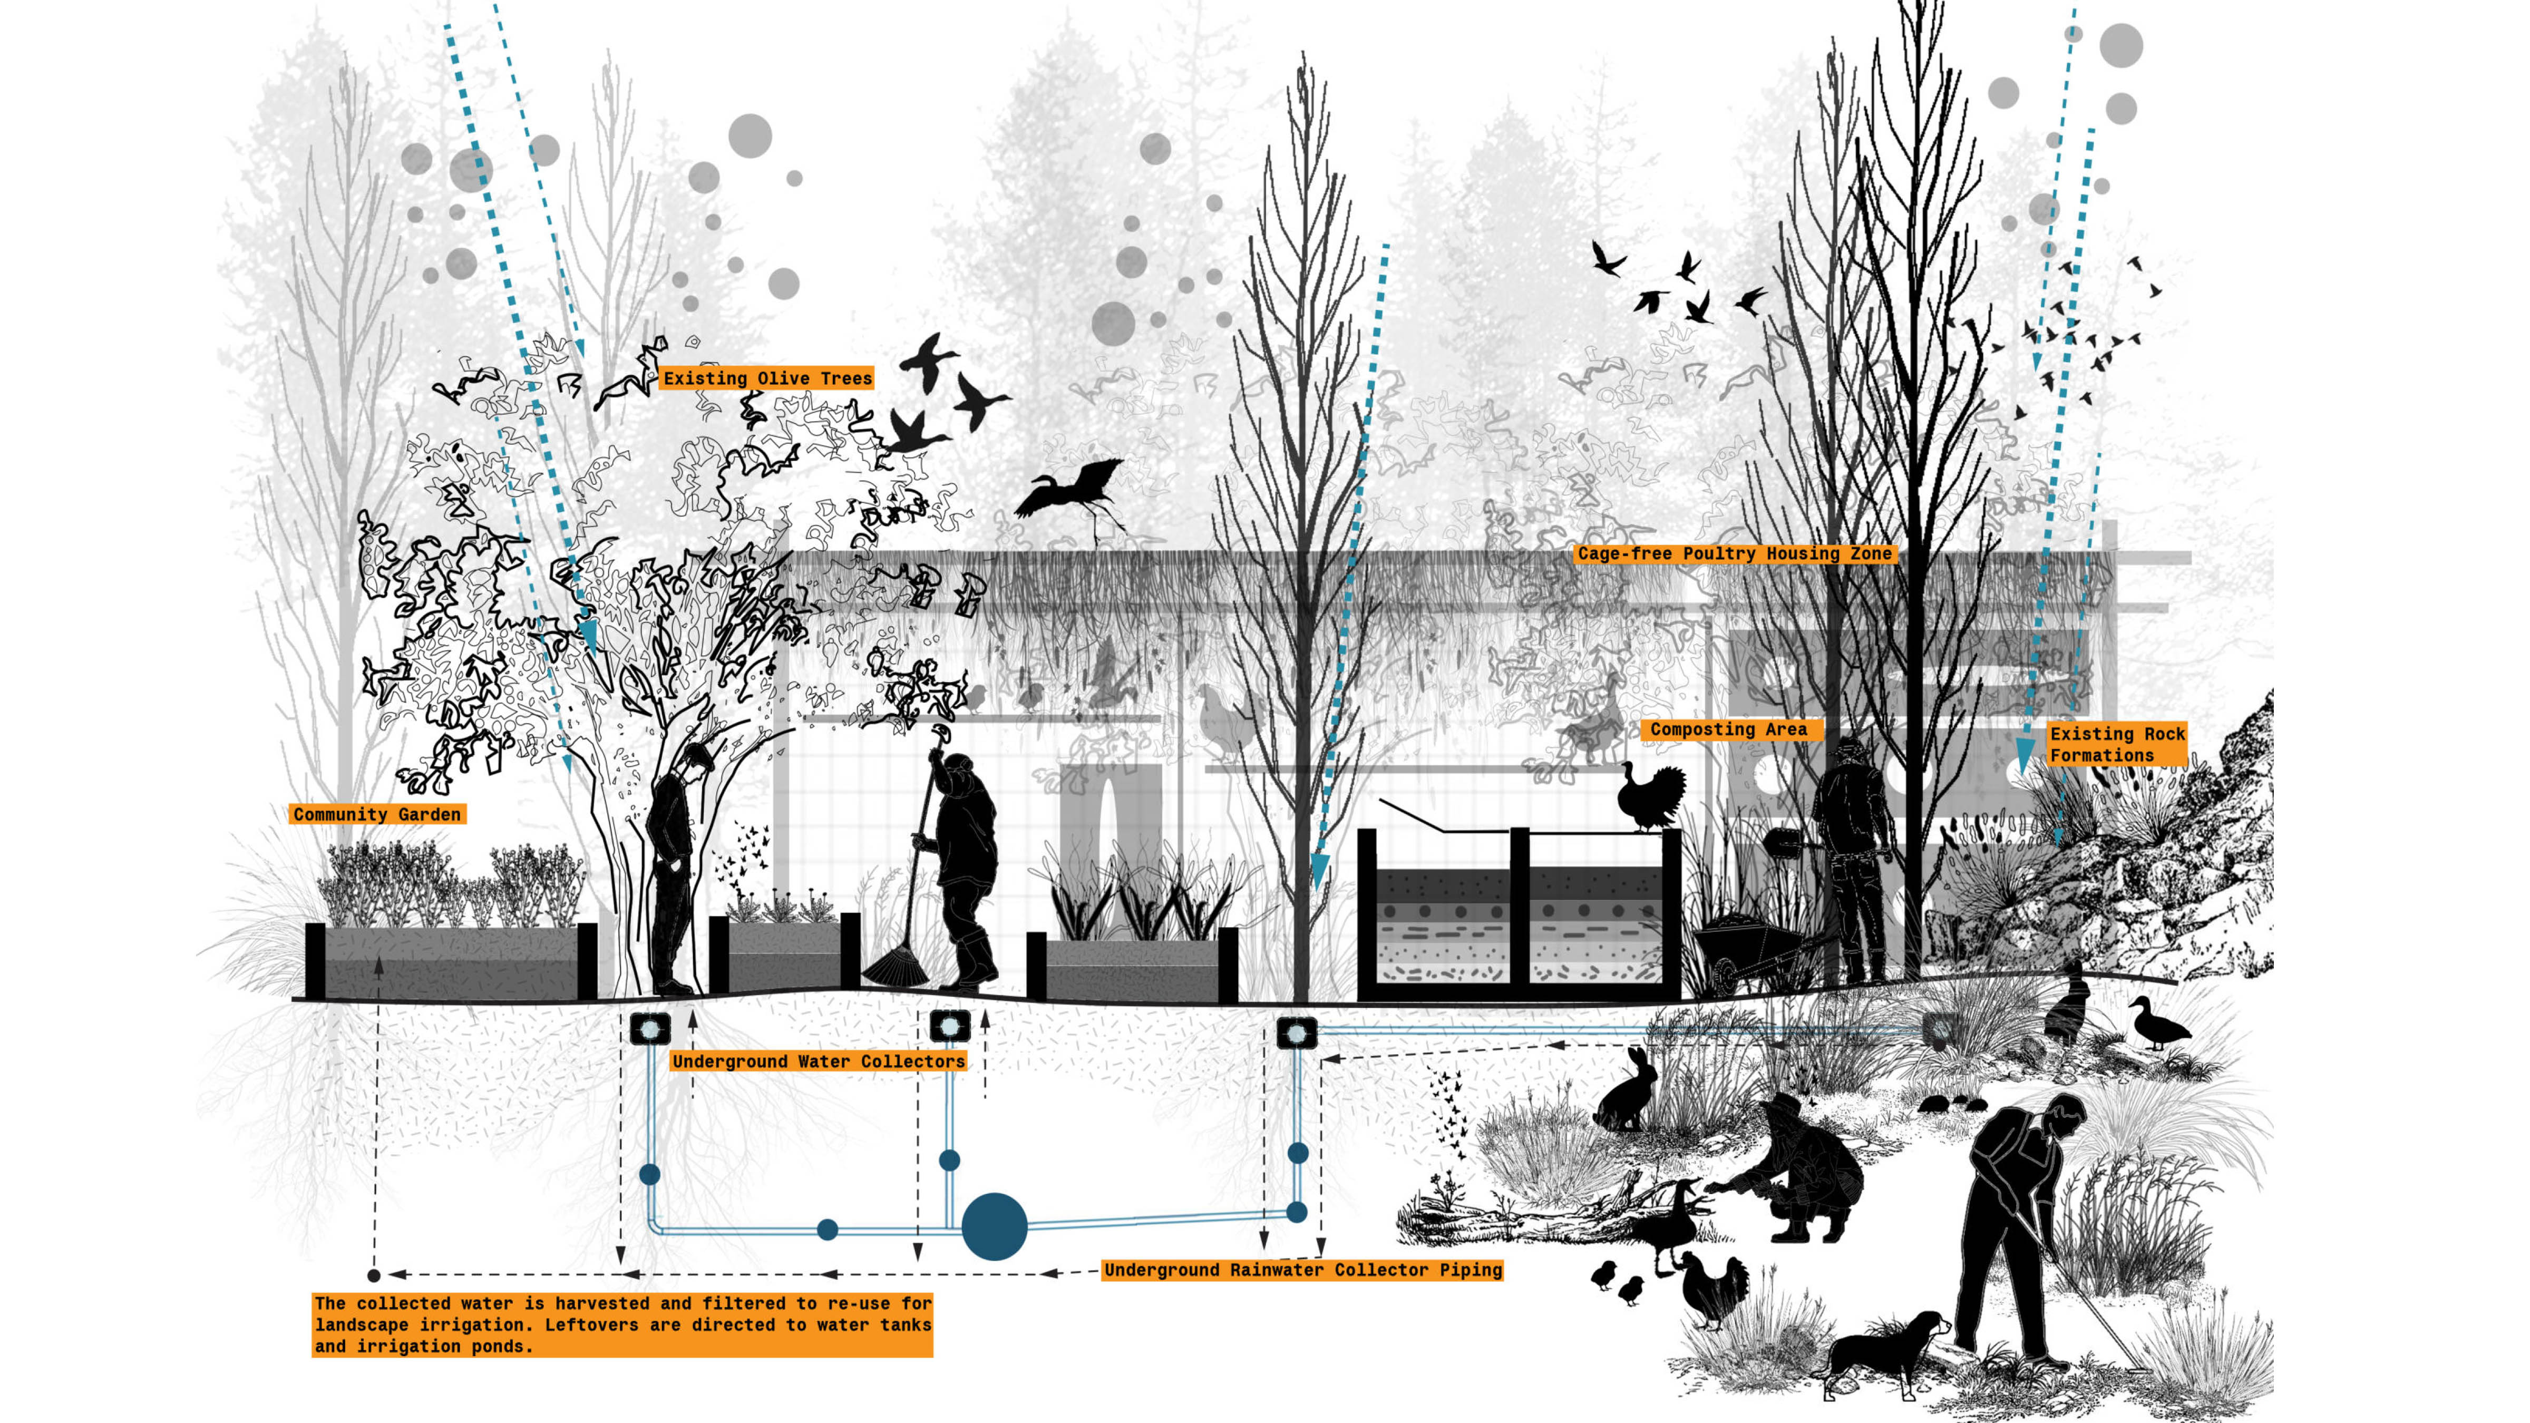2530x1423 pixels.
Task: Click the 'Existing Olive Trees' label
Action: click(767, 378)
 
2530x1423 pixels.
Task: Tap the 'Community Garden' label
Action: click(377, 814)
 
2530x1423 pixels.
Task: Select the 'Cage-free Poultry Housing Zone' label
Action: click(1735, 554)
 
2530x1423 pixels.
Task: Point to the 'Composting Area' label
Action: click(1729, 729)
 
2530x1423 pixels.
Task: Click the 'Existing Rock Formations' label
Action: click(2117, 744)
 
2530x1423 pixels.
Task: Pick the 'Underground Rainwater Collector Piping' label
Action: click(1302, 1270)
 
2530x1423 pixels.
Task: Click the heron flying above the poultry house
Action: click(1075, 491)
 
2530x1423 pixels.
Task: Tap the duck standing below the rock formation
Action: click(2156, 1024)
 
